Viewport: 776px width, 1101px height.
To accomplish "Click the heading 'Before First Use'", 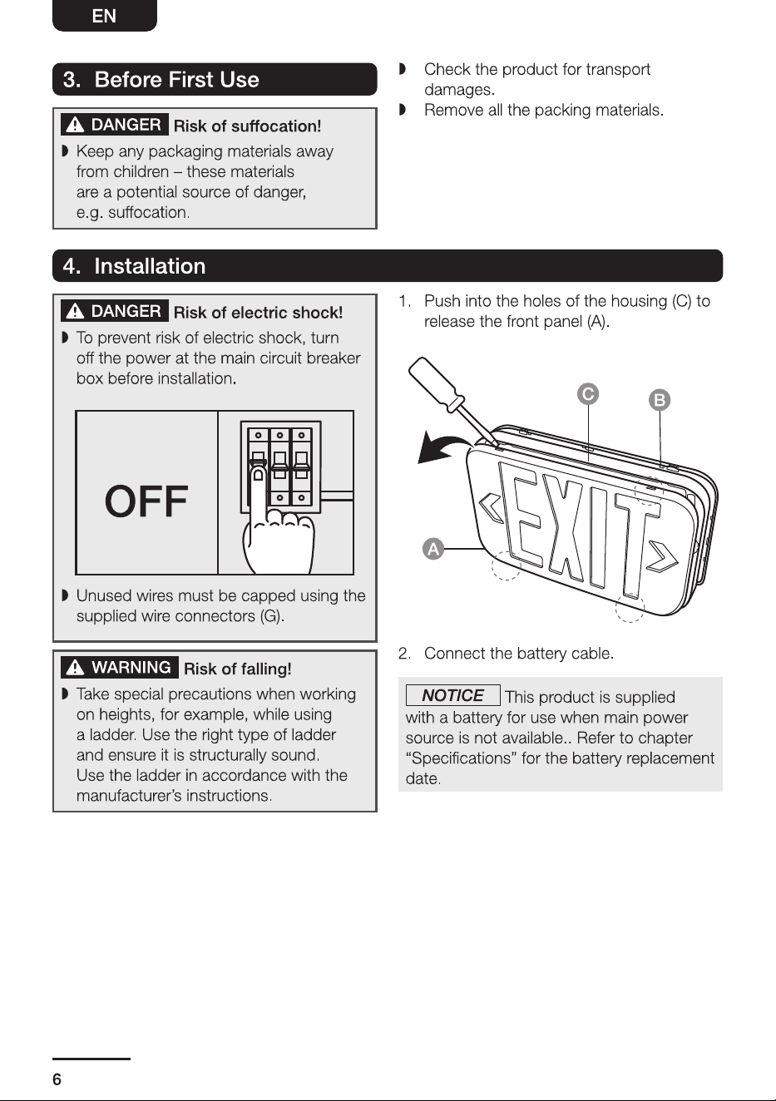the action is pos(176,80).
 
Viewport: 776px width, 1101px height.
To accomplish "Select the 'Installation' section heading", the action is pos(150,266).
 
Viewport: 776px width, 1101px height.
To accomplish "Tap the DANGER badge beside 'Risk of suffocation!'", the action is pos(115,125).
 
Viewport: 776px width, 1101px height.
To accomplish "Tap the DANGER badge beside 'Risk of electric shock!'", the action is pos(115,311).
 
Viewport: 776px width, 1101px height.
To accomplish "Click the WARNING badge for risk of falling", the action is pos(120,668).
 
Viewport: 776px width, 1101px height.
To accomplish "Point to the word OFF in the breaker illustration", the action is pos(146,501).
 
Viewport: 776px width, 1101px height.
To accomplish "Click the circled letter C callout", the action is pos(588,394).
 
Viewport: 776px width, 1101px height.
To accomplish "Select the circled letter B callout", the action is pos(660,400).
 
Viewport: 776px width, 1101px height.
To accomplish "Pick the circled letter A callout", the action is pos(433,549).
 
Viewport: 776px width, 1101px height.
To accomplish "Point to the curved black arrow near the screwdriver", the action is pos(439,445).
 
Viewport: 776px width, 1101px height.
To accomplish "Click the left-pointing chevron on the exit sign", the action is pos(492,509).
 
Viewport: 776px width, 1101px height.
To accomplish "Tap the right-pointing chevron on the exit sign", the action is pos(662,557).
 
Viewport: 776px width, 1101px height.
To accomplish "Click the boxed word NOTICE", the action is pos(453,695).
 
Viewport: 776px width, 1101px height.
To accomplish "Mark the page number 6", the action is pos(57,1079).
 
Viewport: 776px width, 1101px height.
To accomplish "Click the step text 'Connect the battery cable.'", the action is pos(519,654).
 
